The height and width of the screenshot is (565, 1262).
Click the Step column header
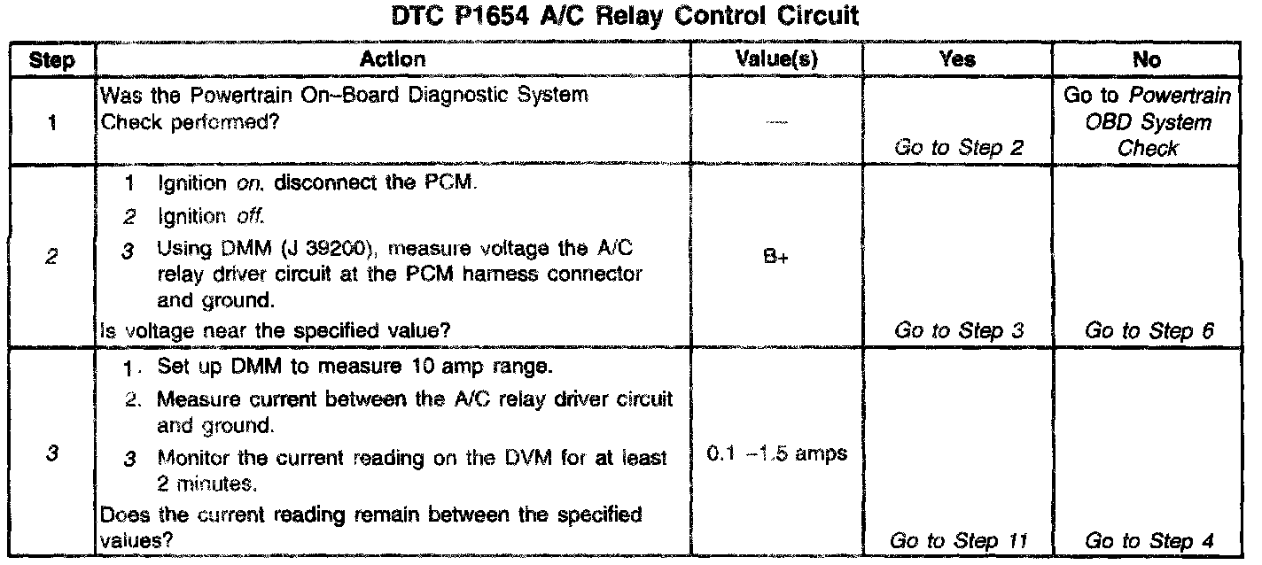tap(51, 60)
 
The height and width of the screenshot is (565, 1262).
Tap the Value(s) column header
tap(777, 60)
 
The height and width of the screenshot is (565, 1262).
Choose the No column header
tap(1149, 60)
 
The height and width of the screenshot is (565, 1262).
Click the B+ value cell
tap(776, 262)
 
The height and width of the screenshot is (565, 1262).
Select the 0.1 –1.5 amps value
tap(776, 454)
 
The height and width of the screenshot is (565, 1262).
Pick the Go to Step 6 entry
tap(1149, 332)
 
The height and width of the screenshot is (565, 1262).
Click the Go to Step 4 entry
tap(1149, 540)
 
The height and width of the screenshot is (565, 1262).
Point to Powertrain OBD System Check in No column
tap(1149, 122)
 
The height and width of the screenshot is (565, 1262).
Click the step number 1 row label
tap(51, 123)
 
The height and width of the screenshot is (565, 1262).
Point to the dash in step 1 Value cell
tap(776, 122)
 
